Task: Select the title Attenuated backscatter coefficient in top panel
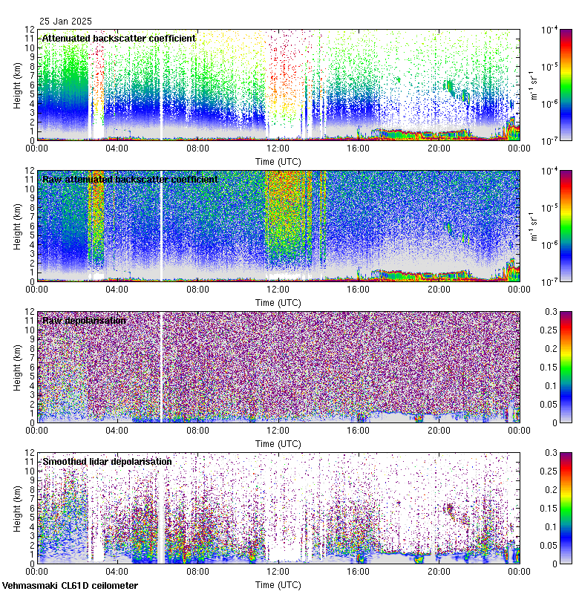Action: click(119, 39)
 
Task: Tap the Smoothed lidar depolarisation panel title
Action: click(107, 462)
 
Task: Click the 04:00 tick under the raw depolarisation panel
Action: click(117, 431)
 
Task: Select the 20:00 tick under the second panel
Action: click(438, 290)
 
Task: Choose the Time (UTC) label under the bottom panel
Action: click(278, 584)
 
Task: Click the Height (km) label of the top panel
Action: click(17, 85)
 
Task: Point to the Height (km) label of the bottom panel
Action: click(17, 508)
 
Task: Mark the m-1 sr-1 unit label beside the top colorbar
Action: click(532, 85)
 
